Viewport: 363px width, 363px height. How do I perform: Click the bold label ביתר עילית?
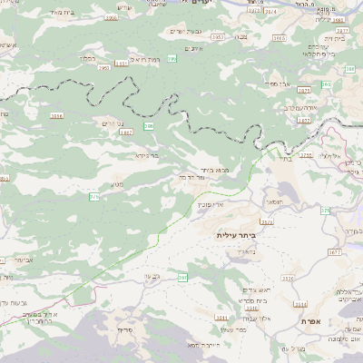click(x=237, y=234)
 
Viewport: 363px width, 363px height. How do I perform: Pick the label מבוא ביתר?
click(x=196, y=169)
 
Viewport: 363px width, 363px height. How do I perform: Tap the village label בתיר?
click(x=284, y=159)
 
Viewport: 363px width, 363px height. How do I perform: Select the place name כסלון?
click(x=88, y=57)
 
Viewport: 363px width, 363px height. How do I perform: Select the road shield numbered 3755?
click(x=306, y=155)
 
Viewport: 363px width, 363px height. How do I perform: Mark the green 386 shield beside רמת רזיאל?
click(x=171, y=58)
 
